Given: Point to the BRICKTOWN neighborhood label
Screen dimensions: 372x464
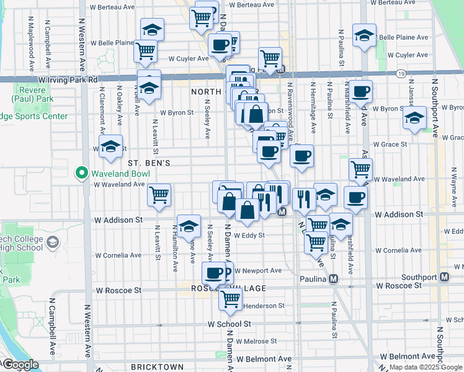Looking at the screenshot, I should pos(158,367).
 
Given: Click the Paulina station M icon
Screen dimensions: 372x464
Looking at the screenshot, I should pos(334,279).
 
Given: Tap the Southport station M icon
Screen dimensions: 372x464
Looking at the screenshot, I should pos(444,277).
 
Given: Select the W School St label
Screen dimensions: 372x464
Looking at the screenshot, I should pos(229,324).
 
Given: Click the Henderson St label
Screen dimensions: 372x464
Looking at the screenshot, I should pos(263,306).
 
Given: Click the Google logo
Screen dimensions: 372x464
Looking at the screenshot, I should pos(20,365).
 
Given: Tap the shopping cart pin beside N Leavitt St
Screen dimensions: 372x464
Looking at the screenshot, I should pos(159,194).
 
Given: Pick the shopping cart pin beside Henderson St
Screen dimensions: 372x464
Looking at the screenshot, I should pos(231,298).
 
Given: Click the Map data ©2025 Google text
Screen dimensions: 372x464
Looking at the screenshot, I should pos(426,367).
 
